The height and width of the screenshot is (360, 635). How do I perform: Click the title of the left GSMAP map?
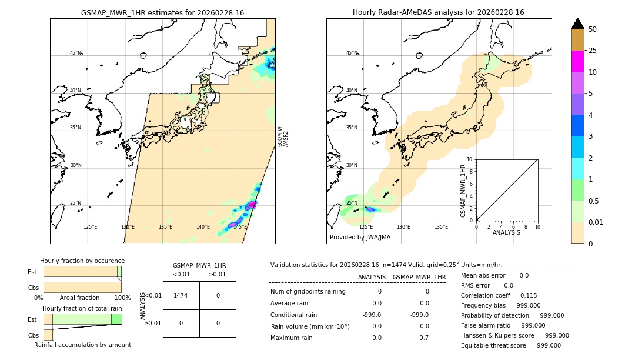point(162,12)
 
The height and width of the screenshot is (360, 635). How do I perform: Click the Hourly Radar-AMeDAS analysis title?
point(439,12)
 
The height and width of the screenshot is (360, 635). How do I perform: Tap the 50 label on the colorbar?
point(593,29)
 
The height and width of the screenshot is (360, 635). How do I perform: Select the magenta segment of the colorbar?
point(577,61)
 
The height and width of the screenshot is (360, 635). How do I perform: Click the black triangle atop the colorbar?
point(577,24)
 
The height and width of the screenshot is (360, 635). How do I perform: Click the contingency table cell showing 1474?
point(181,295)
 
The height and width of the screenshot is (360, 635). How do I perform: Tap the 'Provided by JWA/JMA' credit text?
point(360,237)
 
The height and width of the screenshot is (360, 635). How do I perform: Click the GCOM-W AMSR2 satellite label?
point(282,136)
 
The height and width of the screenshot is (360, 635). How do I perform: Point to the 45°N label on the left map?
point(76,53)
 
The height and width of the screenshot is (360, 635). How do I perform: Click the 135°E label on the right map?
point(441,227)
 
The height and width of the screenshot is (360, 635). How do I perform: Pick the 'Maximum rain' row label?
point(292,338)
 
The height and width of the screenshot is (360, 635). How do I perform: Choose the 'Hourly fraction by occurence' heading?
point(82,261)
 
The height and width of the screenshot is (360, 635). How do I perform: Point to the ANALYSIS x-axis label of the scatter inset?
point(507,232)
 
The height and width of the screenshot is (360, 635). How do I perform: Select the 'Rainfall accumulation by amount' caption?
point(82,345)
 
